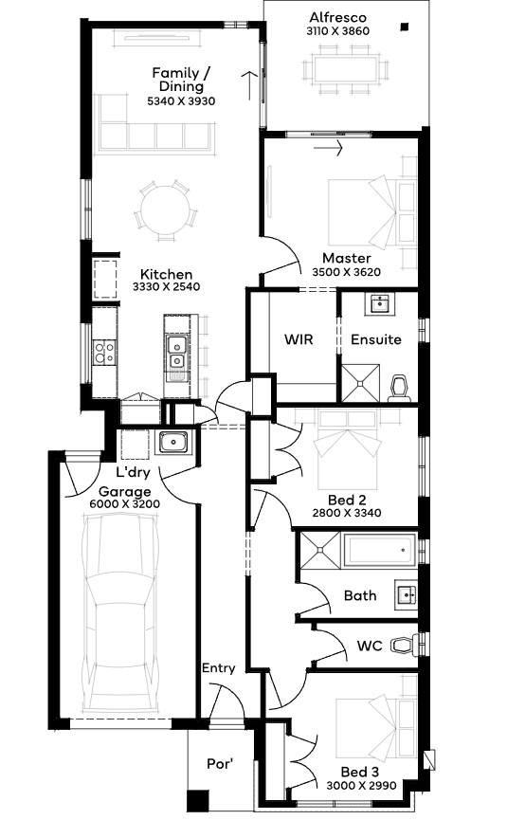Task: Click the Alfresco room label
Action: (337, 18)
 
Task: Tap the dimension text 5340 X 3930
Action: (181, 101)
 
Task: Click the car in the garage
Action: (122, 612)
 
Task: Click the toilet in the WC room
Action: (405, 645)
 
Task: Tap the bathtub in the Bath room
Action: (380, 549)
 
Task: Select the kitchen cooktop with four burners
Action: (103, 352)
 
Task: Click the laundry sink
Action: (173, 443)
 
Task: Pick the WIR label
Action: (299, 339)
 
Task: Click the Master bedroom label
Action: (346, 258)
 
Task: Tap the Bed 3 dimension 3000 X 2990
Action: (362, 785)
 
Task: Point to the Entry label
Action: (219, 668)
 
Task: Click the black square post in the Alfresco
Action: (405, 27)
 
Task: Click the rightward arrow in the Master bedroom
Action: (328, 148)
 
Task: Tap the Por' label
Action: (220, 764)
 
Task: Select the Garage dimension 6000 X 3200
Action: (125, 503)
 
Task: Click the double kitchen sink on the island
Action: (175, 353)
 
